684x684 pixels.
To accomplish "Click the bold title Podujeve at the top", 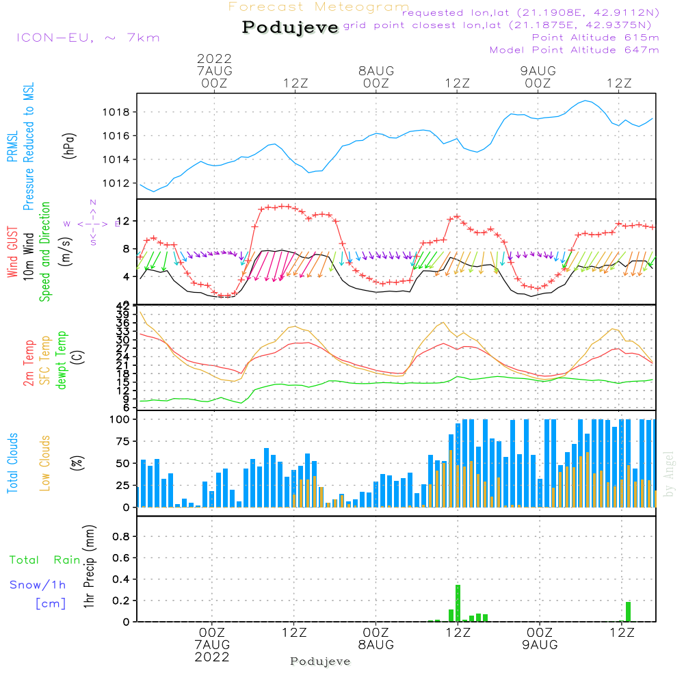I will click(x=291, y=27).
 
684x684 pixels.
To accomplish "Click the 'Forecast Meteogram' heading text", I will click(x=319, y=8).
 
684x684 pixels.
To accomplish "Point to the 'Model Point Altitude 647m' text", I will click(x=575, y=50).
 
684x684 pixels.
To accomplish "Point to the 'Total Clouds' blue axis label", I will click(x=13, y=463).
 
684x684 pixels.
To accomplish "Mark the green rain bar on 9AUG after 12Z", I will click(x=628, y=611).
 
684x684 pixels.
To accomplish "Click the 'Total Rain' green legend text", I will click(x=45, y=560).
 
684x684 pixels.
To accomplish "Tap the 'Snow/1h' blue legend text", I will click(x=38, y=586).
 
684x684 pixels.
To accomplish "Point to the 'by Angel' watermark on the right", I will click(x=670, y=473).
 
